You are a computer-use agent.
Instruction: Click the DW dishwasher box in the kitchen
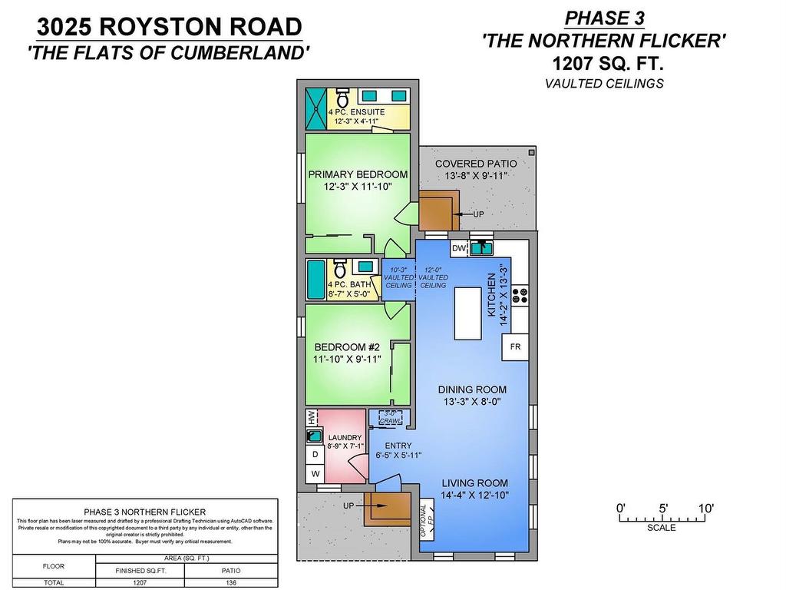tap(458, 248)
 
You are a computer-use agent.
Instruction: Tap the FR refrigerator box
tap(515, 347)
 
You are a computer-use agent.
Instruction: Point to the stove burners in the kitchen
tap(520, 295)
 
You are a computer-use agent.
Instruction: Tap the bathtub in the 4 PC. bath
tap(315, 281)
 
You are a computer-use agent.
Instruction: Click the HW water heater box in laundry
tap(311, 417)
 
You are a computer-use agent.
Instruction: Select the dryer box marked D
tap(315, 455)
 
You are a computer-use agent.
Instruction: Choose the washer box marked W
tap(315, 474)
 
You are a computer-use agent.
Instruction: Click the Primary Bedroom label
tap(358, 174)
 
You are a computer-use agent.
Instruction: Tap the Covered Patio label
tap(476, 164)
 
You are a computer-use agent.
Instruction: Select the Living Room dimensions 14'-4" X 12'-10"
tap(475, 496)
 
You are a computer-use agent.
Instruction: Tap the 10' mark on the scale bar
tap(707, 509)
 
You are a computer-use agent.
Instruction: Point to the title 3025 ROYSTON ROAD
tap(170, 27)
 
